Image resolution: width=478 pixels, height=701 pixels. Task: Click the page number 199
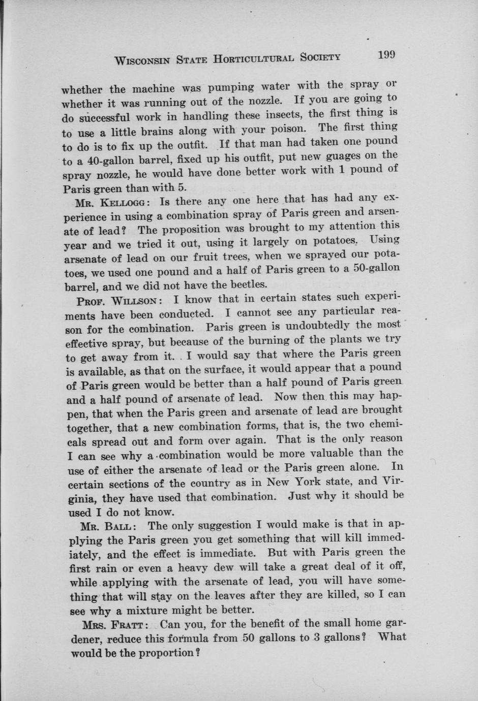pyautogui.click(x=386, y=55)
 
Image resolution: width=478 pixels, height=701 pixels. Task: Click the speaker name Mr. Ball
pyautogui.click(x=107, y=527)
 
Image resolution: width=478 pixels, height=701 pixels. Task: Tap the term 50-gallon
pyautogui.click(x=374, y=268)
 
